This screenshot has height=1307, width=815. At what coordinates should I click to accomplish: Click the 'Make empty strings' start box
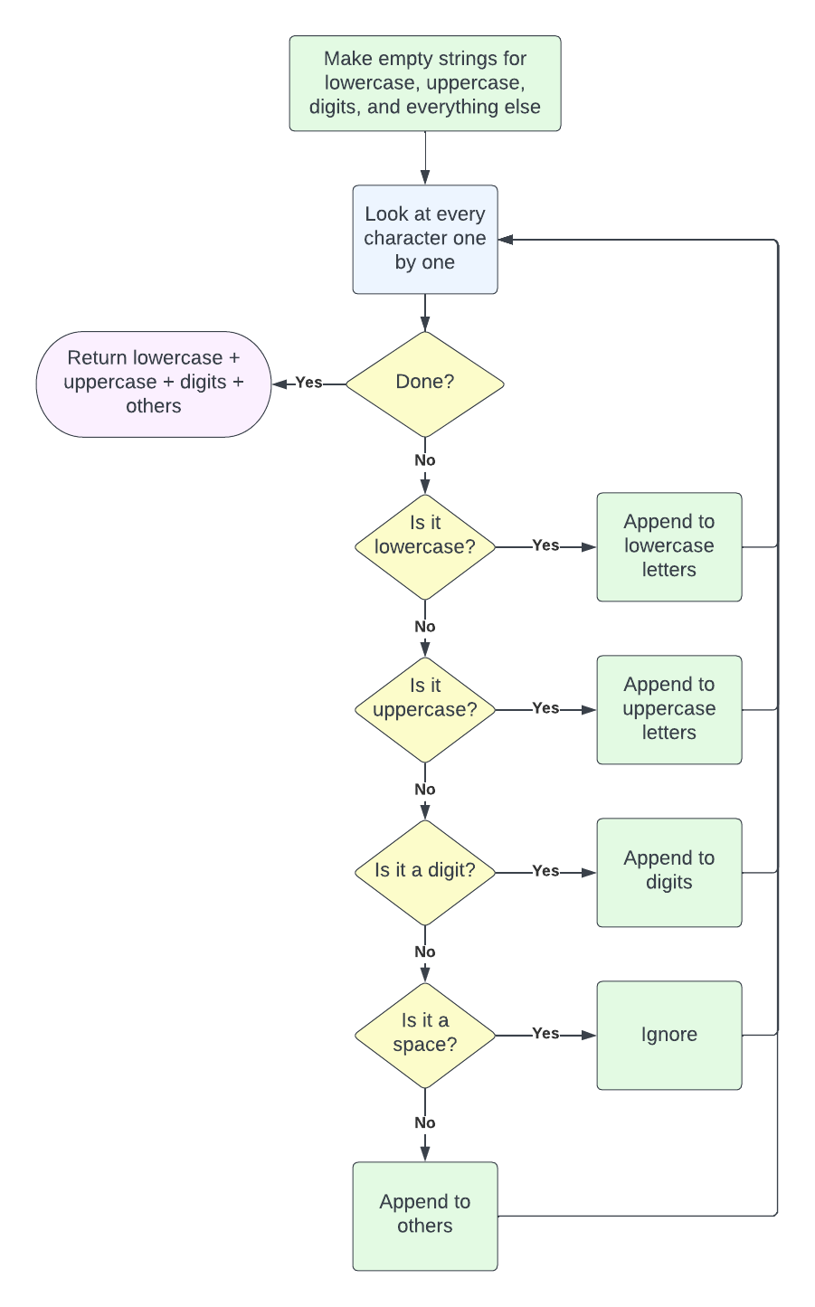coord(425,83)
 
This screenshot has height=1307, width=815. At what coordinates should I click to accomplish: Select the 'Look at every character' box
coord(425,239)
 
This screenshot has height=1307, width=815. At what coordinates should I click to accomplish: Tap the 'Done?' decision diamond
coord(425,384)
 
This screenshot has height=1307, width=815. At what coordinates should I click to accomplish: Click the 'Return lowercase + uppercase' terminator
coord(154,384)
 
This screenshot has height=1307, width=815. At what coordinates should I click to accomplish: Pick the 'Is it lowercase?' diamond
coord(425,546)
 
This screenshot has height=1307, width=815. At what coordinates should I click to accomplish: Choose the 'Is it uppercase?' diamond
coord(425,709)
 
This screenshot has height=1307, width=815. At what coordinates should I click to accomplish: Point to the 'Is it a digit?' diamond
coord(425,872)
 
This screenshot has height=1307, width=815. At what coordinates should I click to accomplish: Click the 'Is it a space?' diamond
coord(425,1035)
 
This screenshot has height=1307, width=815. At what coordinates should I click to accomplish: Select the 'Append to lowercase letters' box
coord(669,546)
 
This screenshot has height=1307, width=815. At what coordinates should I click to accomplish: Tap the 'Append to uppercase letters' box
coord(669,709)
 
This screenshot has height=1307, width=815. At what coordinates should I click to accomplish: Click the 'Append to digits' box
coord(669,872)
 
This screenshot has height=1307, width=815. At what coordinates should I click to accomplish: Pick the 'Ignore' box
coord(669,1035)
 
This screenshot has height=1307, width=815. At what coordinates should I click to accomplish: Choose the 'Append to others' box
coord(425,1216)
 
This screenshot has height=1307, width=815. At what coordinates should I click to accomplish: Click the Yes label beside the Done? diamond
coord(308,383)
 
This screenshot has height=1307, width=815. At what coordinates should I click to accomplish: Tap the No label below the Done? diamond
coord(425,460)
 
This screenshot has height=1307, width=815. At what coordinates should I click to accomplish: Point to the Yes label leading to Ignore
coord(545,1033)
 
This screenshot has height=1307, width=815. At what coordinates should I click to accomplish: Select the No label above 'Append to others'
coord(425,1122)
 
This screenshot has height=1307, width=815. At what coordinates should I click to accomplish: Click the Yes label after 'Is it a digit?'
coord(545,870)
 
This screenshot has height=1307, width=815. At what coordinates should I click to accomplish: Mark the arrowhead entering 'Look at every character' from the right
coord(506,240)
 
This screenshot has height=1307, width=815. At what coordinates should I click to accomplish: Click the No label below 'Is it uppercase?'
coord(425,790)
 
